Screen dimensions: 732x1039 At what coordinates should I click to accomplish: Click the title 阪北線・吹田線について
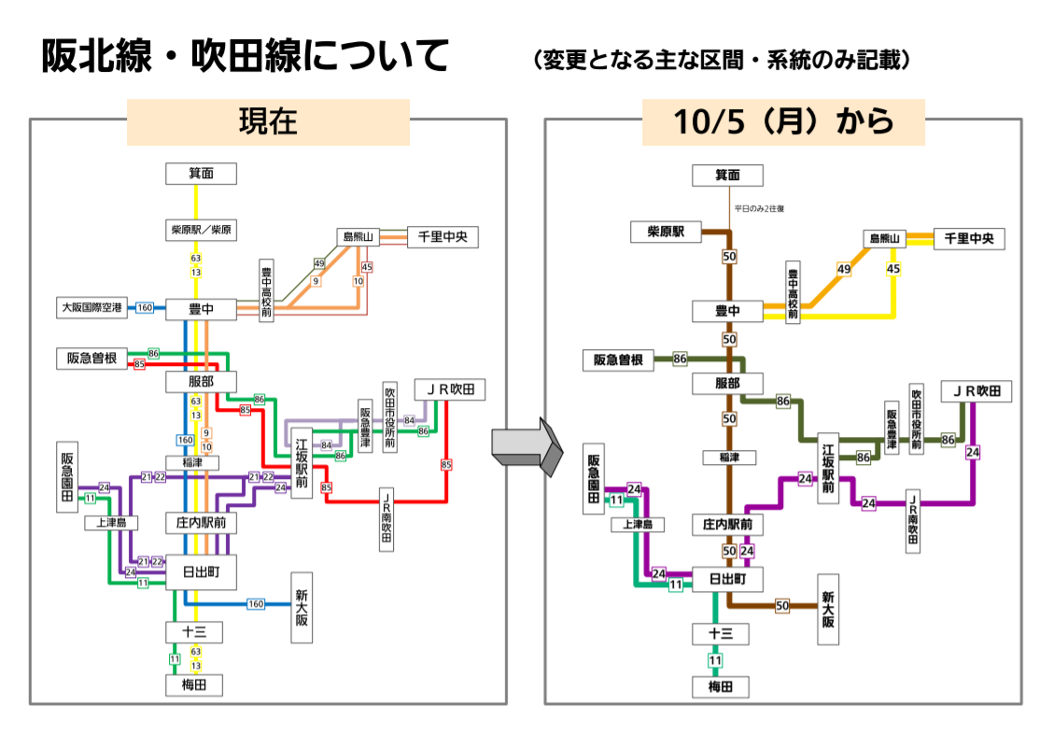click(245, 57)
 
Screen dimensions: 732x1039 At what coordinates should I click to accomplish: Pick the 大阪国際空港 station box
click(92, 307)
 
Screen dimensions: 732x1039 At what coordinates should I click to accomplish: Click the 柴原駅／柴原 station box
click(201, 229)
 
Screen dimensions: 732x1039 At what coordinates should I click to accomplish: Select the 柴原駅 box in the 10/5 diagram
click(665, 232)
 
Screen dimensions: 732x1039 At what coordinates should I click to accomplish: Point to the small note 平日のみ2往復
click(758, 208)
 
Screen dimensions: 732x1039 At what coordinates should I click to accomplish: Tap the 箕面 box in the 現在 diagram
click(201, 174)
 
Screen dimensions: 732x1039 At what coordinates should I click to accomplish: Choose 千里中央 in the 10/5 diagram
click(969, 239)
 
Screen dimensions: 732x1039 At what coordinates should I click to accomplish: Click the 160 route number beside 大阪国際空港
click(145, 307)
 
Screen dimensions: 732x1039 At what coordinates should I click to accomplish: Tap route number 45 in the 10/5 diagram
click(892, 269)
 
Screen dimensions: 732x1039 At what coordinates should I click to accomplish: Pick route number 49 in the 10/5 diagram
click(844, 269)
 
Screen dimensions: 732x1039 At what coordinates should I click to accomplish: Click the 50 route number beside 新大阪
click(782, 606)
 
